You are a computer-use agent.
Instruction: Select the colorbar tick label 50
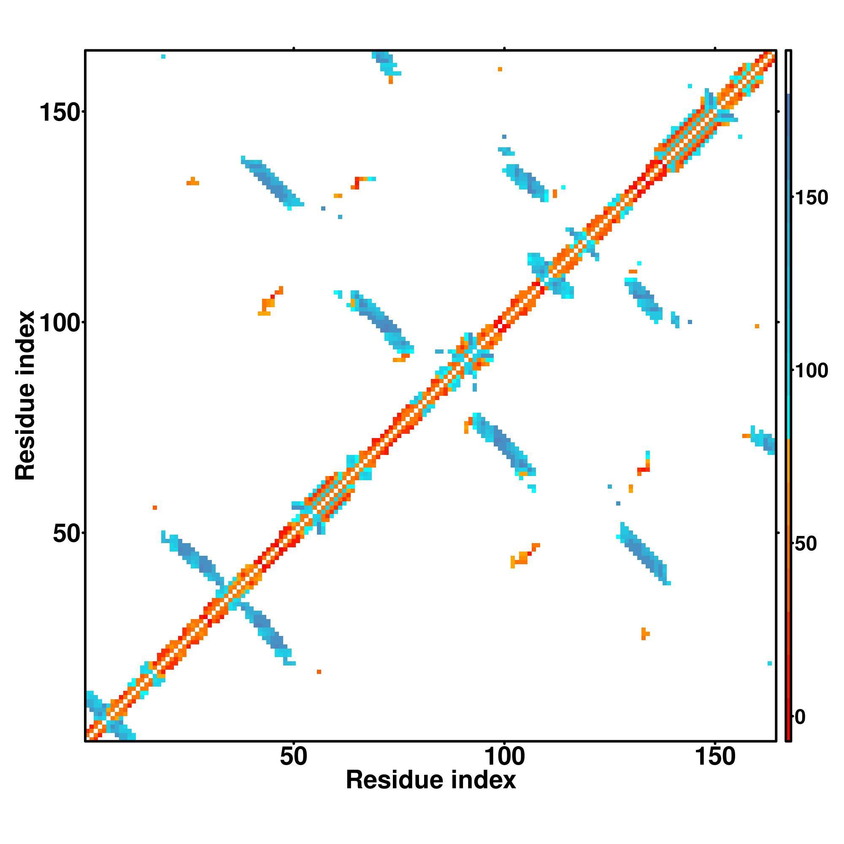(x=806, y=544)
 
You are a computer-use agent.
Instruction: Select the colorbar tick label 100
(x=812, y=371)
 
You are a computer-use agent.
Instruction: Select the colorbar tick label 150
(x=812, y=198)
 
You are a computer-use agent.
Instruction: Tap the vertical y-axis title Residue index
(x=25, y=395)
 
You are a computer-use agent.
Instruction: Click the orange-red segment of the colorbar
(x=789, y=590)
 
